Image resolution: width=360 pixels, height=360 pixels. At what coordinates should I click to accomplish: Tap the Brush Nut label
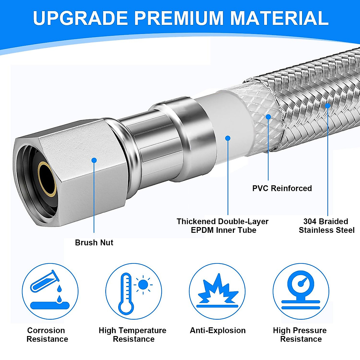point(94,242)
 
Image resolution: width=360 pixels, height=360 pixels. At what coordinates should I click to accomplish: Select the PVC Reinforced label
point(282,188)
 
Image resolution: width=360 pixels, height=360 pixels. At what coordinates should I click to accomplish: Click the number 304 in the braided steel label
point(310,221)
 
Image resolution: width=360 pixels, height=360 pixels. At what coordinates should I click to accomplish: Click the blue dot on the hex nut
point(94,160)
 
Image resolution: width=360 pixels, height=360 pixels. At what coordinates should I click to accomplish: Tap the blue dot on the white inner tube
point(228,138)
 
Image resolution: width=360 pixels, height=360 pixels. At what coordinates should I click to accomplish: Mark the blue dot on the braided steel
point(328,106)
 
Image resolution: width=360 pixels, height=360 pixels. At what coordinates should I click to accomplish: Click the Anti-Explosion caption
point(218,330)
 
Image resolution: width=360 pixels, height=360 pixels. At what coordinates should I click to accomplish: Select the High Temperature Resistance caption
point(133,334)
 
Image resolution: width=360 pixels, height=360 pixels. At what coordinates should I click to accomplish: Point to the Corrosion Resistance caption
point(47,334)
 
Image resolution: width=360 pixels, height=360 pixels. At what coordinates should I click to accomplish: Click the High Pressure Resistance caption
point(300,334)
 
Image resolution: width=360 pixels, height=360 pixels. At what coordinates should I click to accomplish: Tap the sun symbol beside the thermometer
point(143,284)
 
